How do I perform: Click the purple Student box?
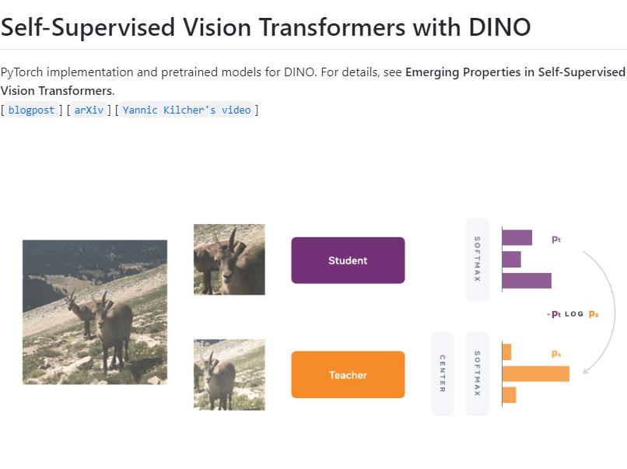(348, 260)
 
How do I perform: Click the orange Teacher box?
(348, 374)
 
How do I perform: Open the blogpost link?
(31, 110)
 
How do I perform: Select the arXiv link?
(89, 110)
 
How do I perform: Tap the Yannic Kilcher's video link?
(187, 110)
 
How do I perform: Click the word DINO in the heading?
(500, 27)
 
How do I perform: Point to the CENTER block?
(443, 374)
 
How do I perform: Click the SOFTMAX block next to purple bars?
(477, 260)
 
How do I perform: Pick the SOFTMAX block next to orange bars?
(477, 374)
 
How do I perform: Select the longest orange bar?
(535, 374)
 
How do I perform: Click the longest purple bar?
(527, 281)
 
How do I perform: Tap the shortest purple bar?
(511, 259)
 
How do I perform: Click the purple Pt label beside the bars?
(556, 240)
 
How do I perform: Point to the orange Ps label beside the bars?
(556, 354)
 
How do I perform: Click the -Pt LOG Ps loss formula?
(573, 314)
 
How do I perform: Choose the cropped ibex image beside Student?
(229, 260)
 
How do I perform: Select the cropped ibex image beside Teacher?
(229, 374)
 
